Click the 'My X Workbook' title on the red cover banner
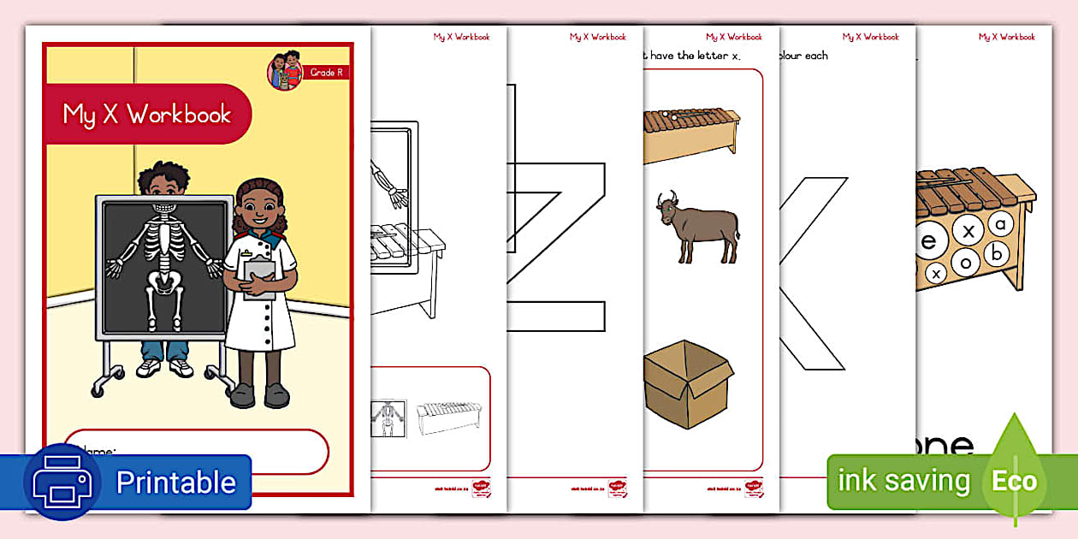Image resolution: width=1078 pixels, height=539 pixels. click(147, 115)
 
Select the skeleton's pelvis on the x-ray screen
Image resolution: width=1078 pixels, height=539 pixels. click(163, 279)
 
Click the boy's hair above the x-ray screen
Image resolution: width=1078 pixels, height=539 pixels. click(163, 175)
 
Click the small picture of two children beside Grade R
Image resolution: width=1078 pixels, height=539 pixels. click(286, 70)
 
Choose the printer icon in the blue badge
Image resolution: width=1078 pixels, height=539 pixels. click(62, 482)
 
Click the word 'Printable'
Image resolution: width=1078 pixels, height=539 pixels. click(175, 483)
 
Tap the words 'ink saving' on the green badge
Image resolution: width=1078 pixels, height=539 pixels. click(903, 481)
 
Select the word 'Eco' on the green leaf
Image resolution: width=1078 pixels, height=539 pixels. click(1014, 481)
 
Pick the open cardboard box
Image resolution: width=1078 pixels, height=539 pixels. click(688, 383)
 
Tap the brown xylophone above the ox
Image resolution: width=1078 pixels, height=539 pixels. click(691, 135)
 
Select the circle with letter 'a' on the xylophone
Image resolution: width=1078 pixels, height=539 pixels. click(1000, 223)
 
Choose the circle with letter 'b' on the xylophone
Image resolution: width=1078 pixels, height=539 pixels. click(994, 254)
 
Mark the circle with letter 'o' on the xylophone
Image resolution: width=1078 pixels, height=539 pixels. click(966, 263)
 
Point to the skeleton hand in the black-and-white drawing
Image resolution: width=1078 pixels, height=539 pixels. click(397, 198)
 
